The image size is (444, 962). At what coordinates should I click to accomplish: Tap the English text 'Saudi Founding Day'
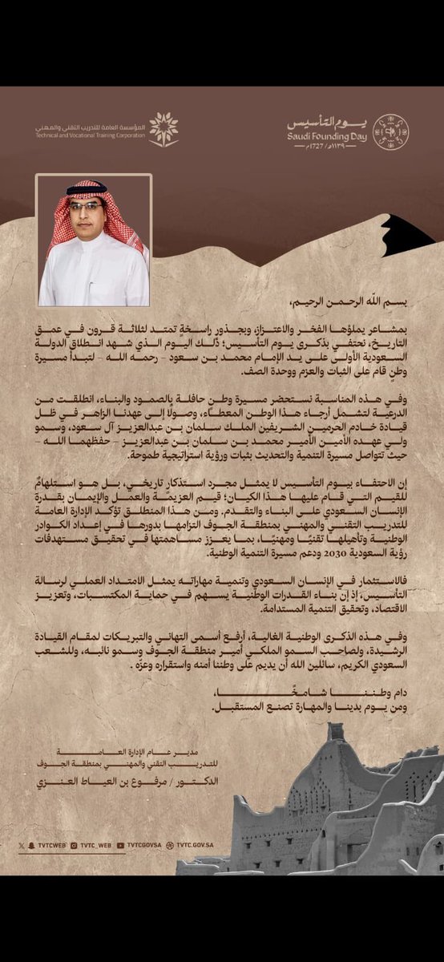pos(327,135)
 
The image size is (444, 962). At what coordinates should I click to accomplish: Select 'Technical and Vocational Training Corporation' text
pos(91,135)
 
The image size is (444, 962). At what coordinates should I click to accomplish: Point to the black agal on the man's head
pos(87,189)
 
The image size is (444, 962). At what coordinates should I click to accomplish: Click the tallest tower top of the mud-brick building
pos(337,731)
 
